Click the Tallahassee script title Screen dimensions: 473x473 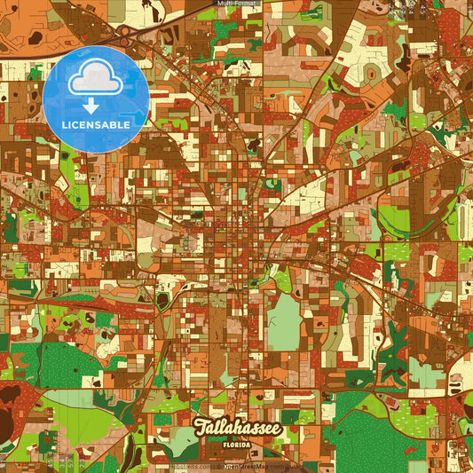pos(236,428)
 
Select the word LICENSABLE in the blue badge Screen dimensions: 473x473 pos(96,125)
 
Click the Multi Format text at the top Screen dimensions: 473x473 pos(236,4)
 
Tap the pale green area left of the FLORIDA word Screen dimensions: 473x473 pos(185,445)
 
